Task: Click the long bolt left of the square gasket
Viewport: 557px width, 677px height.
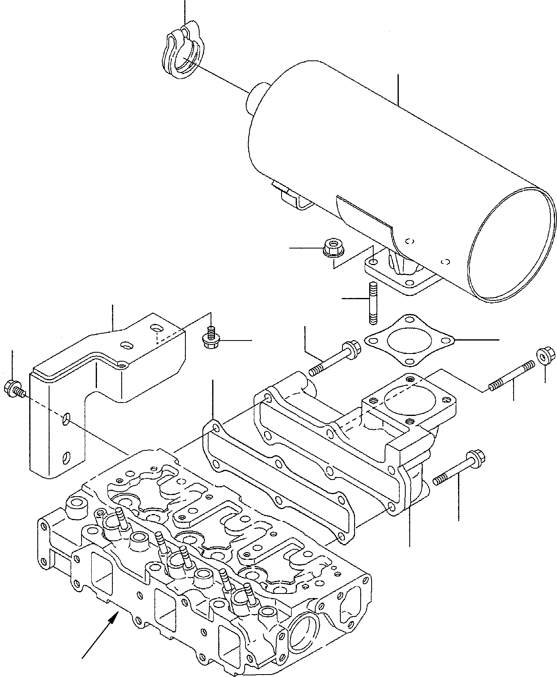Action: click(x=335, y=359)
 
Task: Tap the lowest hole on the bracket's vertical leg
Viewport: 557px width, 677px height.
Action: click(x=65, y=458)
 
